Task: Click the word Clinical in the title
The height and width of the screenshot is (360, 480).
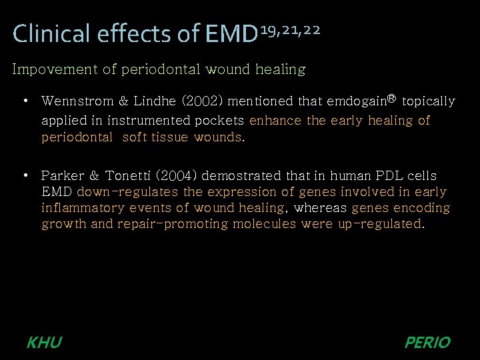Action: pos(50,34)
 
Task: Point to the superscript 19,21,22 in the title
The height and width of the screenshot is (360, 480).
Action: pos(290,29)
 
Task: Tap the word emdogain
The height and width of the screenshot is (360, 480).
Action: pos(356,101)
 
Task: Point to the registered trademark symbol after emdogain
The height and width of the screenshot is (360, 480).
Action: pos(391,99)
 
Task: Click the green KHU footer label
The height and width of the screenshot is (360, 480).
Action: pos(44,343)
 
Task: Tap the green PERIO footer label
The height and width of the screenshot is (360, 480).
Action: pos(427,343)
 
